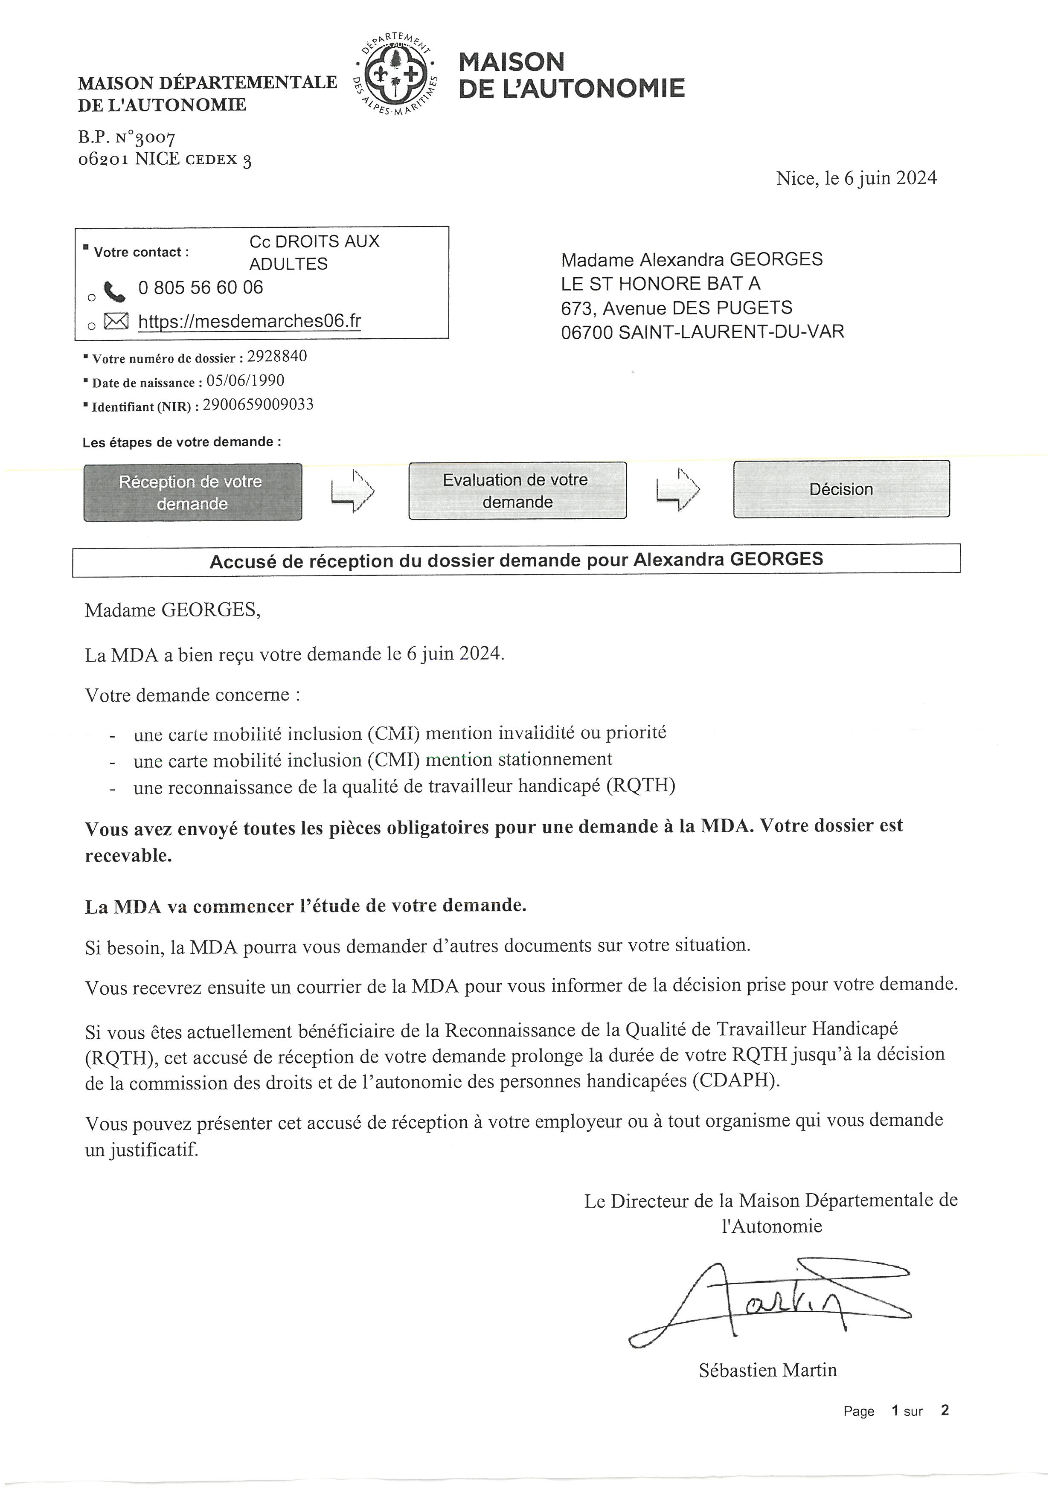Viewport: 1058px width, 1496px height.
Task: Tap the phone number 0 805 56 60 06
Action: click(201, 288)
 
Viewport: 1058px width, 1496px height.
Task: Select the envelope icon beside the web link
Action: click(116, 321)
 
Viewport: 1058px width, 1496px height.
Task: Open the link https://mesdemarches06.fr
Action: click(250, 321)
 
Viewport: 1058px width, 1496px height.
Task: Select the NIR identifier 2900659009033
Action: click(258, 405)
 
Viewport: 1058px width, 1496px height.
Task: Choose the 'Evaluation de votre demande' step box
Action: click(517, 491)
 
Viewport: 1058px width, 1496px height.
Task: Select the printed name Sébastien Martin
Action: click(767, 1370)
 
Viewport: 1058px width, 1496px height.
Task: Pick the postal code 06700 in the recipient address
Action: click(587, 332)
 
